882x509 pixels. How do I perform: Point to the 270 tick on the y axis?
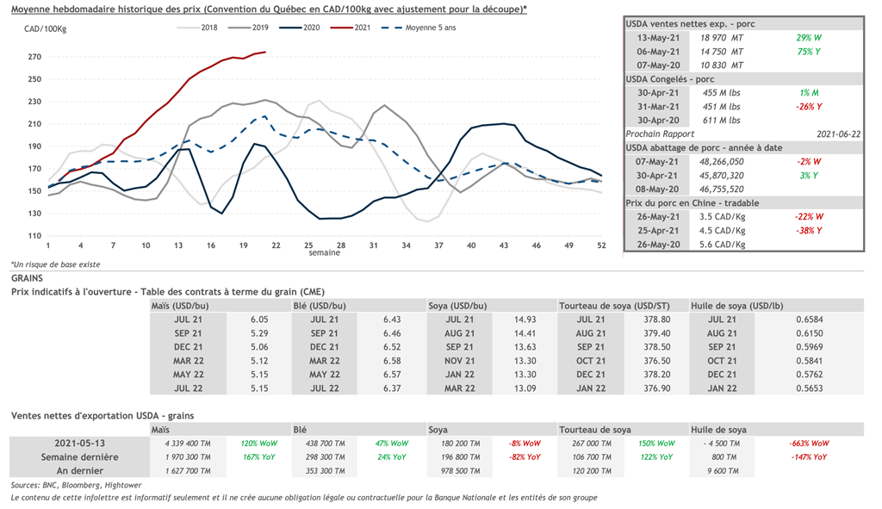tap(34, 57)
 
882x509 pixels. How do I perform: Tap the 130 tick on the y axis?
tap(34, 214)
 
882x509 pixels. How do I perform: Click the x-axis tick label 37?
tap(438, 246)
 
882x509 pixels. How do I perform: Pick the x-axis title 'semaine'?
tap(325, 254)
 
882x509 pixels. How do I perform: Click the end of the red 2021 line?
tap(265, 53)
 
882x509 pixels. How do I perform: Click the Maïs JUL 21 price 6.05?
tap(260, 320)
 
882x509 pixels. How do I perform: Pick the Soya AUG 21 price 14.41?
tap(525, 333)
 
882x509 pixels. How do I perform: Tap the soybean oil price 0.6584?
tap(808, 320)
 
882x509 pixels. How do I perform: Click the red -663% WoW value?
tap(808, 443)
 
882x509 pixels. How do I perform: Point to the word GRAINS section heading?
tap(28, 279)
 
